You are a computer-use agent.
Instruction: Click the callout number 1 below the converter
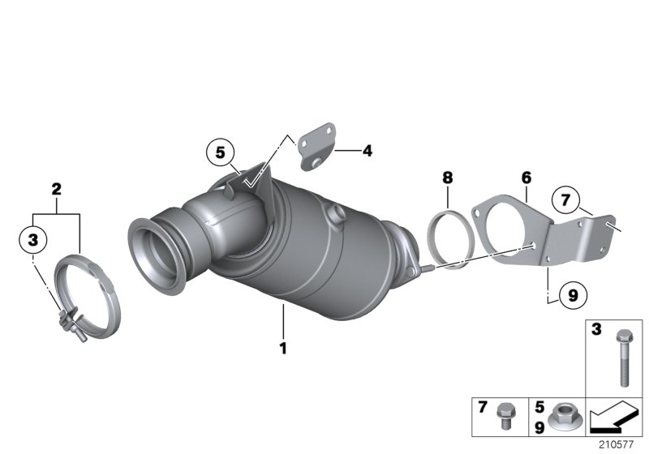[284, 349]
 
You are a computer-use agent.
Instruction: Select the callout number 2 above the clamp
[56, 190]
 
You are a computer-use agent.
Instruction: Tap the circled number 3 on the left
[32, 239]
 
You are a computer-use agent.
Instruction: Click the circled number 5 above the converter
[220, 151]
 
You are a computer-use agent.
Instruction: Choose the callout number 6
[526, 176]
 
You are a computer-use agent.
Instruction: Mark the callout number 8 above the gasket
[447, 177]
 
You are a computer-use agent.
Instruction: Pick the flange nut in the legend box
[561, 418]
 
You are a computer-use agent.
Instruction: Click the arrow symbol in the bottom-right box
[616, 420]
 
